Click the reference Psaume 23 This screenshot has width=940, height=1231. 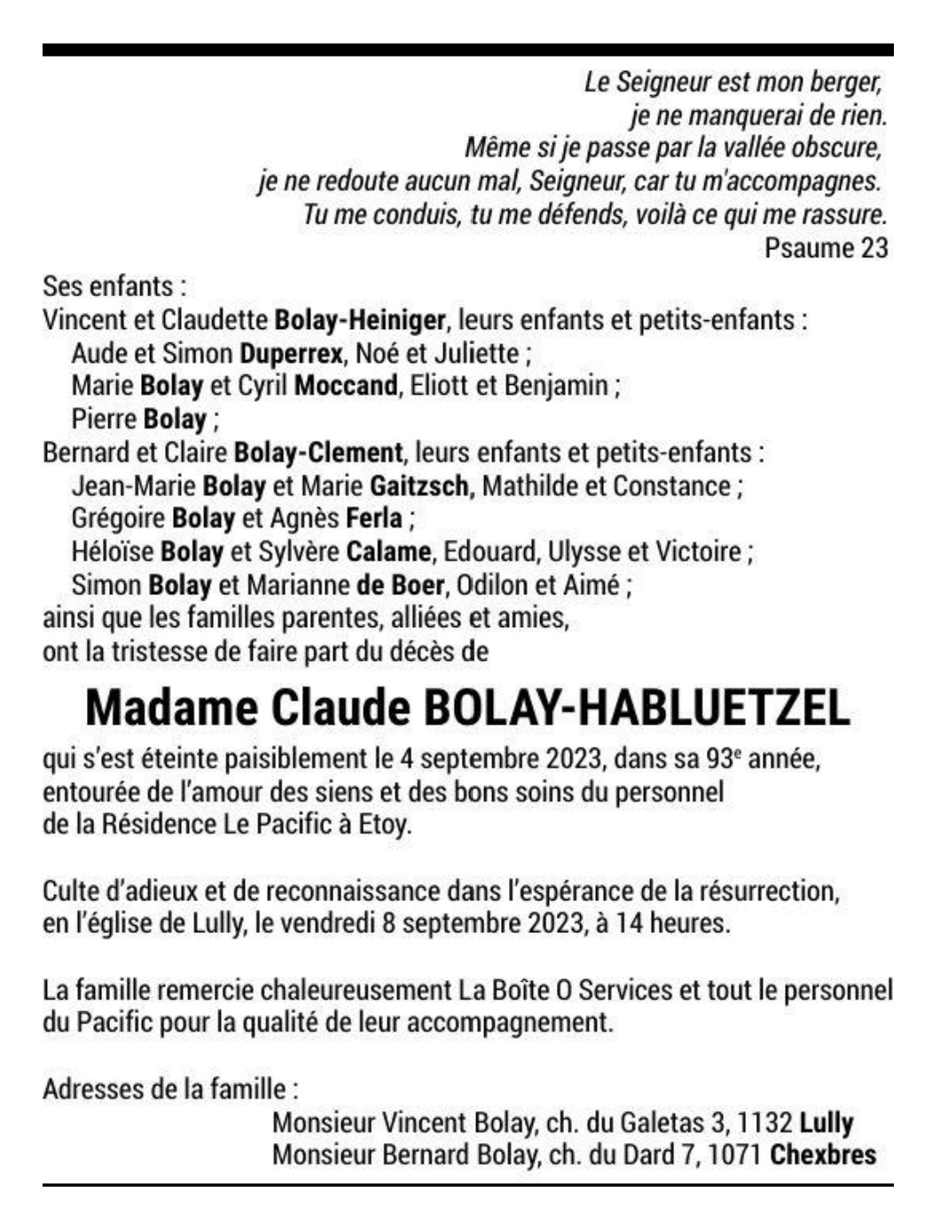826,247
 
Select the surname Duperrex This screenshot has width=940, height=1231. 291,353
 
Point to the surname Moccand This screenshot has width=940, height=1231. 346,386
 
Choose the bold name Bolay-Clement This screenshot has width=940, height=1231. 317,452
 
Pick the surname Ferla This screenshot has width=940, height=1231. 374,519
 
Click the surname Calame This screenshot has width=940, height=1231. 388,552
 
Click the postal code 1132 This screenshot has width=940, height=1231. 764,1123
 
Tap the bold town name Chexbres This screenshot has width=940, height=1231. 823,1156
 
